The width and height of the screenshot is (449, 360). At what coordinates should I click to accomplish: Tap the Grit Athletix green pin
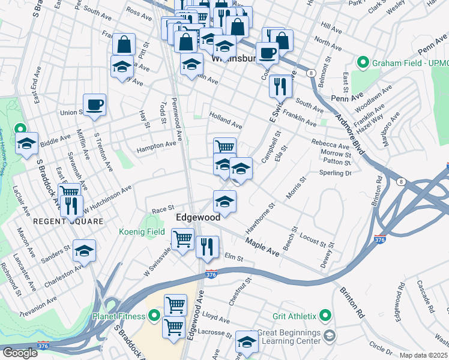coord(325,315)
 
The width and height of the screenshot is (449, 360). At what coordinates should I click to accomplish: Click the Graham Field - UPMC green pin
coord(363,62)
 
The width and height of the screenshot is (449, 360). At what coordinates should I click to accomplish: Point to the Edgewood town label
coord(197,218)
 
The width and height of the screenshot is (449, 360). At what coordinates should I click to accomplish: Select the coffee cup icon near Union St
coord(95,106)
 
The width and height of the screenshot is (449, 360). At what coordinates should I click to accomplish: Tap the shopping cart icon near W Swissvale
coord(182,239)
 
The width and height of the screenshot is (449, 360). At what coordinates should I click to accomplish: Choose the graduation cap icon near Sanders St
coord(84,250)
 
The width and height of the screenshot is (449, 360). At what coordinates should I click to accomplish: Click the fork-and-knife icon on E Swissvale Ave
coord(280,86)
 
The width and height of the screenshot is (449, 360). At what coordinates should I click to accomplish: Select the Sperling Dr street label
coord(336,173)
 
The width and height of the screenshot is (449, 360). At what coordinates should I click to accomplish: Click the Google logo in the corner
coord(20,353)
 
